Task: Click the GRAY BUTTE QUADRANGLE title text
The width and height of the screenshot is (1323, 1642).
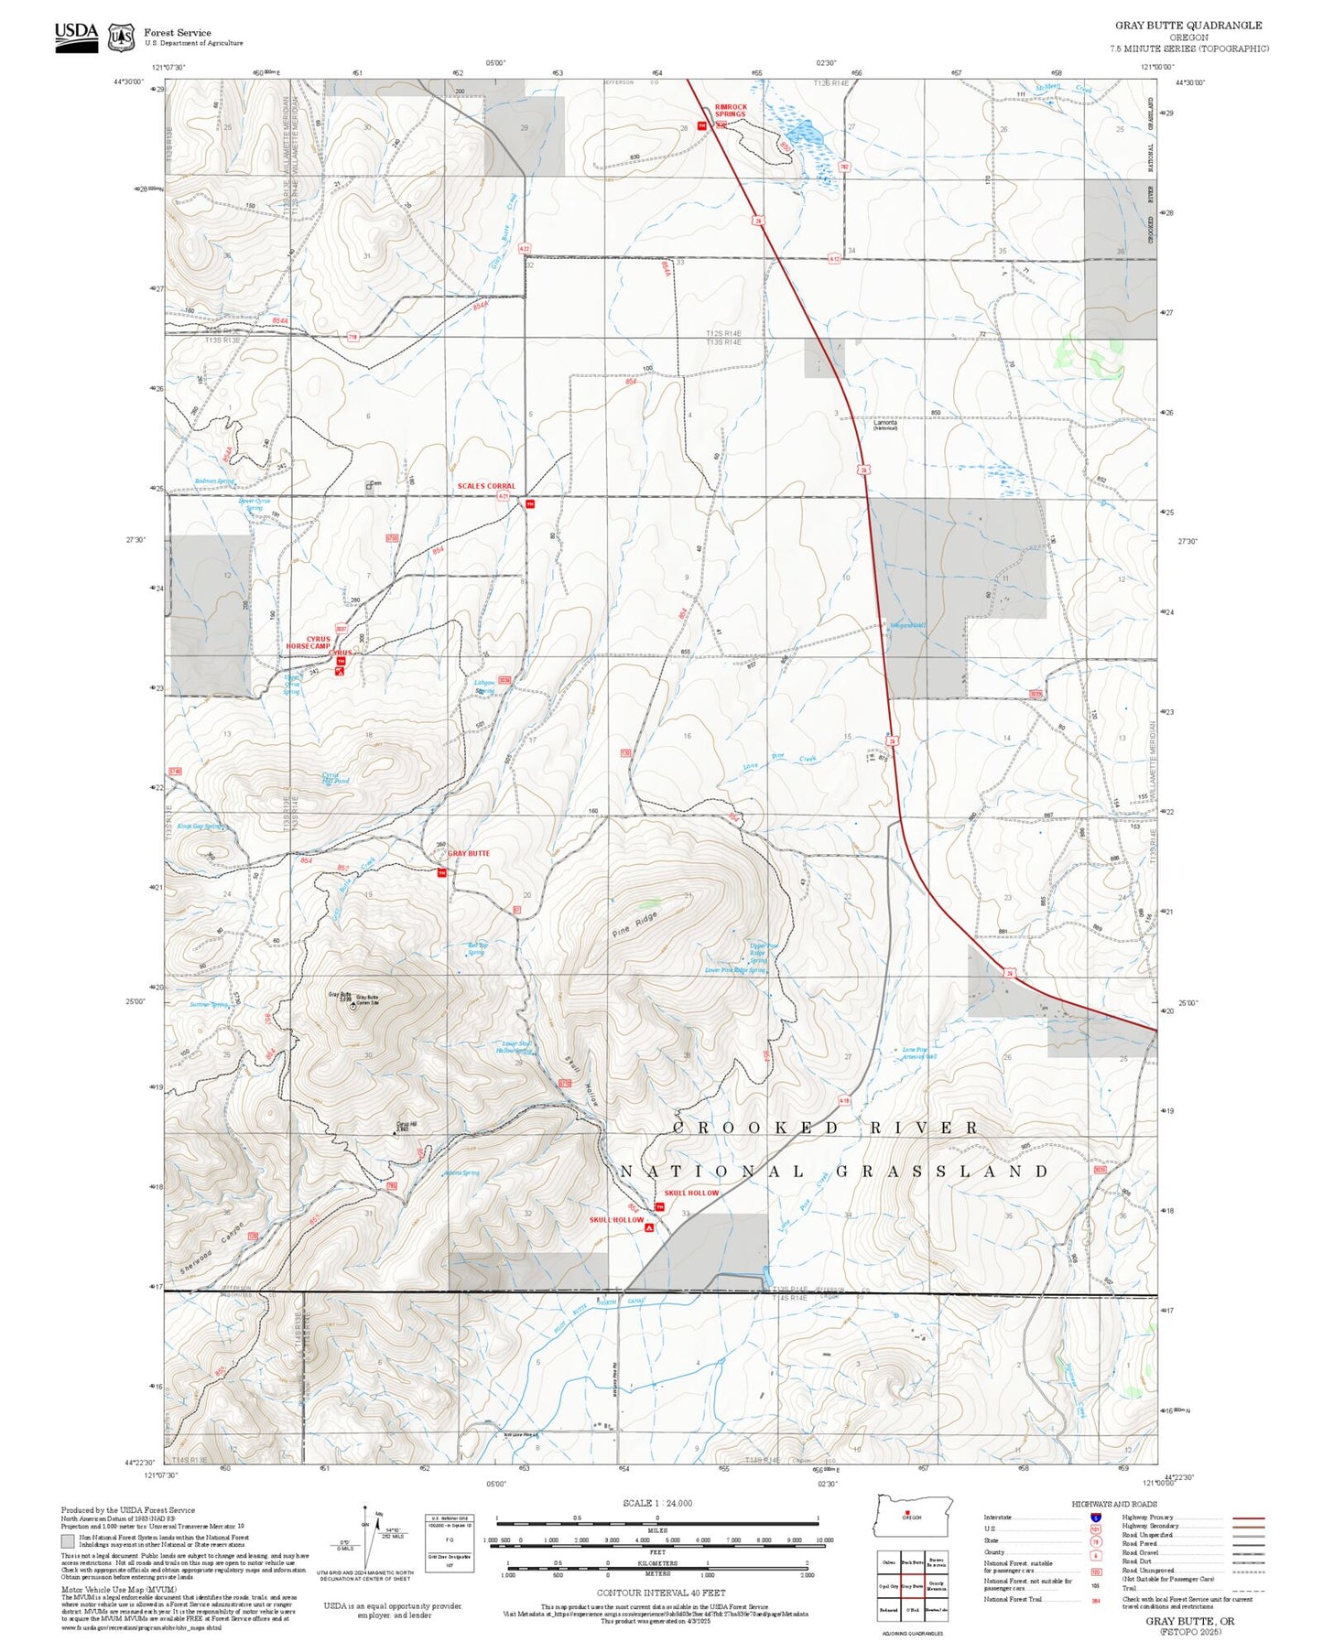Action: coord(1187,25)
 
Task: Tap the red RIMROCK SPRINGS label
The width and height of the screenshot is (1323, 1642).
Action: coord(731,111)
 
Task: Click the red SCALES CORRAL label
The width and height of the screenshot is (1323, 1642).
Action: coord(486,486)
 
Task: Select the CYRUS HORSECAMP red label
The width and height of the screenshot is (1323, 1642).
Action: coord(309,643)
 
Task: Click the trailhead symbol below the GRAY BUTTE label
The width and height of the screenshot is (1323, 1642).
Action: coord(441,873)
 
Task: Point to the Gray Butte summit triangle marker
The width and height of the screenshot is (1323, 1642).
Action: coord(352,1006)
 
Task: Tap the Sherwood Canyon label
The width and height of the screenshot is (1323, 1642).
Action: coord(212,1248)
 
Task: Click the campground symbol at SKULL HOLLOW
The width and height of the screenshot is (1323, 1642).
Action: coord(649,1229)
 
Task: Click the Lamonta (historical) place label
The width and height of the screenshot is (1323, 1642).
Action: coord(885,424)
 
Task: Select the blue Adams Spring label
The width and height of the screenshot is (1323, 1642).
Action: coord(461,1172)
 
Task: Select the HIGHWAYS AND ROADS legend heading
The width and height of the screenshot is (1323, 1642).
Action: coord(1113,1504)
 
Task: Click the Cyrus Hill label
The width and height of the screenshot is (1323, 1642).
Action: coord(407,1126)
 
